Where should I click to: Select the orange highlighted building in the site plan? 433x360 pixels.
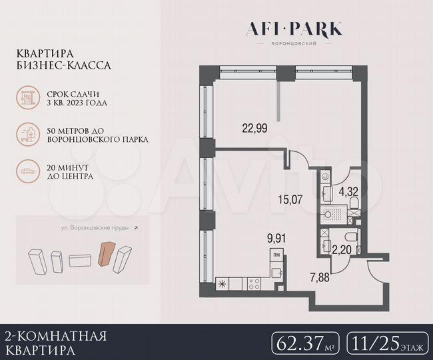[x=105, y=254]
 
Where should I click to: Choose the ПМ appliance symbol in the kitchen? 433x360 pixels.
[x=276, y=253]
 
